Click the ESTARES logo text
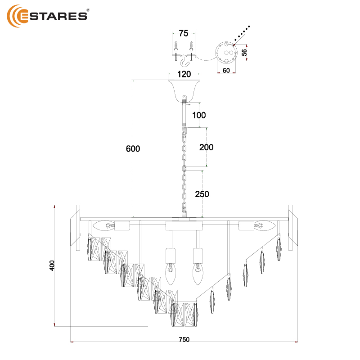click(54, 16)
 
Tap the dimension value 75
click(184, 33)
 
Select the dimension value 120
click(184, 74)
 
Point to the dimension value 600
click(133, 148)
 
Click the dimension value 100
click(199, 115)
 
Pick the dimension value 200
click(206, 147)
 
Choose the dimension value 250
click(202, 194)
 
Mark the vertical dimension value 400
click(52, 265)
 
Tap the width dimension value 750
click(184, 339)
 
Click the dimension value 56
click(244, 52)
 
